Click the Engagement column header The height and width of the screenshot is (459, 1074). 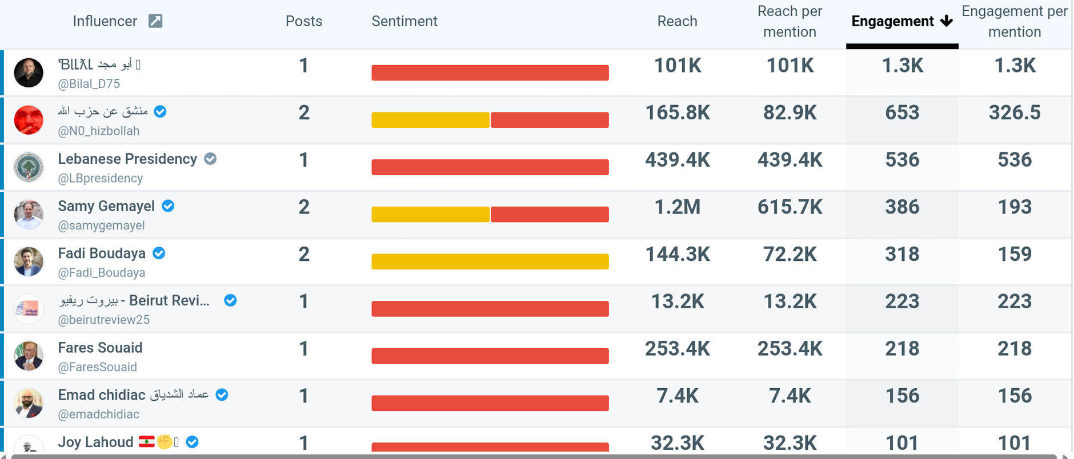click(x=893, y=22)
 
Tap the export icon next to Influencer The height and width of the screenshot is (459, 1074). click(x=155, y=21)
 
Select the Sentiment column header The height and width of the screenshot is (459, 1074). click(x=404, y=22)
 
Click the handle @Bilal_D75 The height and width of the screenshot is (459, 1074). click(x=89, y=84)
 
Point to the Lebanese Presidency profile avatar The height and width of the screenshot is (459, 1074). click(x=29, y=167)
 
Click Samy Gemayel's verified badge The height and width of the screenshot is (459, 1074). click(x=168, y=206)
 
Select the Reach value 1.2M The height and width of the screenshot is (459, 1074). click(x=677, y=207)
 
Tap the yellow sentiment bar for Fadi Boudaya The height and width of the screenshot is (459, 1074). click(x=490, y=261)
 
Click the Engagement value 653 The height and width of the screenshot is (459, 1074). click(x=902, y=112)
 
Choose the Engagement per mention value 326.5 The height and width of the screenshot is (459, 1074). click(x=1015, y=112)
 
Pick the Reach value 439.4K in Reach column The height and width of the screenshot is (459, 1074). click(x=677, y=160)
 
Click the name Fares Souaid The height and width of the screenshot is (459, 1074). click(x=100, y=348)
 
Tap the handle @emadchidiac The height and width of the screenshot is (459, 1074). click(x=99, y=414)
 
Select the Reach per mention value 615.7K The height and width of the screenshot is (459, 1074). click(x=790, y=207)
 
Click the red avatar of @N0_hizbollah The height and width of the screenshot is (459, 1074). click(x=29, y=120)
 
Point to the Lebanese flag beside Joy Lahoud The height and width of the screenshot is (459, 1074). click(x=147, y=441)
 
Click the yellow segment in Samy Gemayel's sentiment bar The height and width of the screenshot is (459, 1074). click(x=430, y=214)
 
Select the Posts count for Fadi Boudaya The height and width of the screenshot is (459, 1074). click(x=304, y=254)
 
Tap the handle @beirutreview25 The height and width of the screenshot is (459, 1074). click(x=104, y=320)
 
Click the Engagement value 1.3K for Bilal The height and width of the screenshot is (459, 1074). click(x=902, y=66)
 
